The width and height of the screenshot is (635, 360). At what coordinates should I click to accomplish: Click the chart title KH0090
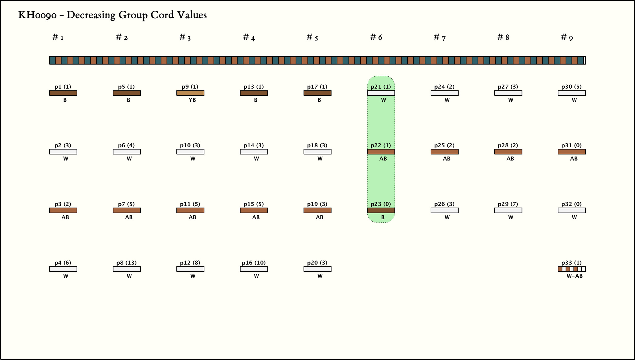pyautogui.click(x=112, y=15)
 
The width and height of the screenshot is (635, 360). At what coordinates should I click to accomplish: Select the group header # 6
pyautogui.click(x=376, y=38)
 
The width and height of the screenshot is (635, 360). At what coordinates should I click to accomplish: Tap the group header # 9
pyautogui.click(x=567, y=38)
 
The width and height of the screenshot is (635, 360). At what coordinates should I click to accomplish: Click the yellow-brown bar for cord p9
pyautogui.click(x=190, y=93)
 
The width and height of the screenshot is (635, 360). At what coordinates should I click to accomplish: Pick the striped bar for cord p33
pyautogui.click(x=572, y=269)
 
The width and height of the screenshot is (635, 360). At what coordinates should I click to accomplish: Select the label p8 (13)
pyautogui.click(x=127, y=263)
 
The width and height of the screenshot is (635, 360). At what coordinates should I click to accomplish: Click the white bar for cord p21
pyautogui.click(x=381, y=93)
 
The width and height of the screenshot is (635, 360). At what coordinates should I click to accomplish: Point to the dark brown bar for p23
pyautogui.click(x=381, y=210)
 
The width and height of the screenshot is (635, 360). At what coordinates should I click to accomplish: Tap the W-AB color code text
pyautogui.click(x=575, y=276)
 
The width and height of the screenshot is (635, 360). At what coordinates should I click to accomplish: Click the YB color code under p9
pyautogui.click(x=192, y=100)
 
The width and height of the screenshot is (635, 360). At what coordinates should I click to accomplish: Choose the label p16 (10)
pyautogui.click(x=254, y=263)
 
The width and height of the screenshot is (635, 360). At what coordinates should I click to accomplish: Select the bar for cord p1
pyautogui.click(x=63, y=93)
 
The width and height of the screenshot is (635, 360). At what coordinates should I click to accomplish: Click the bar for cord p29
pyautogui.click(x=508, y=210)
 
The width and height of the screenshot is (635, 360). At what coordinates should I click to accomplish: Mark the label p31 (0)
pyautogui.click(x=571, y=145)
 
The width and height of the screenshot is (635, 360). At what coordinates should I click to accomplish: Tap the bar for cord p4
pyautogui.click(x=63, y=269)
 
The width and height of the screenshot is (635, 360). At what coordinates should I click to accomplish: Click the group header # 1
pyautogui.click(x=58, y=38)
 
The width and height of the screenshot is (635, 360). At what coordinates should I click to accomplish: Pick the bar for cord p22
pyautogui.click(x=381, y=152)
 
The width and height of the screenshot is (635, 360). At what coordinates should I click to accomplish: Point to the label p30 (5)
pyautogui.click(x=571, y=87)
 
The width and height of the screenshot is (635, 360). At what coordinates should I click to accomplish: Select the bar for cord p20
pyautogui.click(x=317, y=269)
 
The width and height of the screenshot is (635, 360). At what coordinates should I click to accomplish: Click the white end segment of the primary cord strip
pyautogui.click(x=584, y=60)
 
